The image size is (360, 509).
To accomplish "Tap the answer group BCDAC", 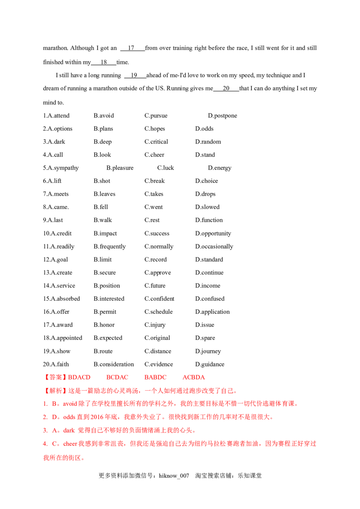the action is pyautogui.click(x=117, y=377).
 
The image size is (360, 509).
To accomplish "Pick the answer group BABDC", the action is pyautogui.click(x=156, y=377).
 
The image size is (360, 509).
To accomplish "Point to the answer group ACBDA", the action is pyautogui.click(x=193, y=377).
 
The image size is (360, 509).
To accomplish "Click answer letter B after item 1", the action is pyautogui.click(x=53, y=404).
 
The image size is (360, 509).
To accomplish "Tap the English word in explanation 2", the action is pyautogui.click(x=65, y=418).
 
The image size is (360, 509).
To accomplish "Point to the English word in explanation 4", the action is pyautogui.click(x=65, y=444).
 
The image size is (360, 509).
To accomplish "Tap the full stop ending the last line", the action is pyautogui.click(x=84, y=459).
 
